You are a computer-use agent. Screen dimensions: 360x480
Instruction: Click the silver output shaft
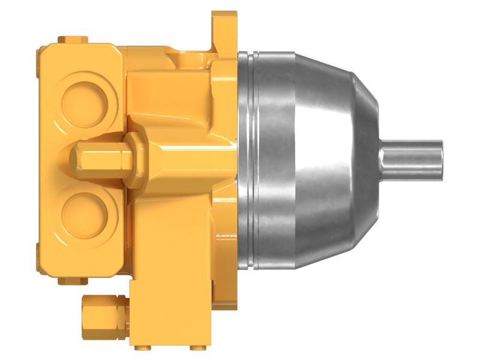coord(414,160)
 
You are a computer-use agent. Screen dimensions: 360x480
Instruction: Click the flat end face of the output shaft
coord(441,160)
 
